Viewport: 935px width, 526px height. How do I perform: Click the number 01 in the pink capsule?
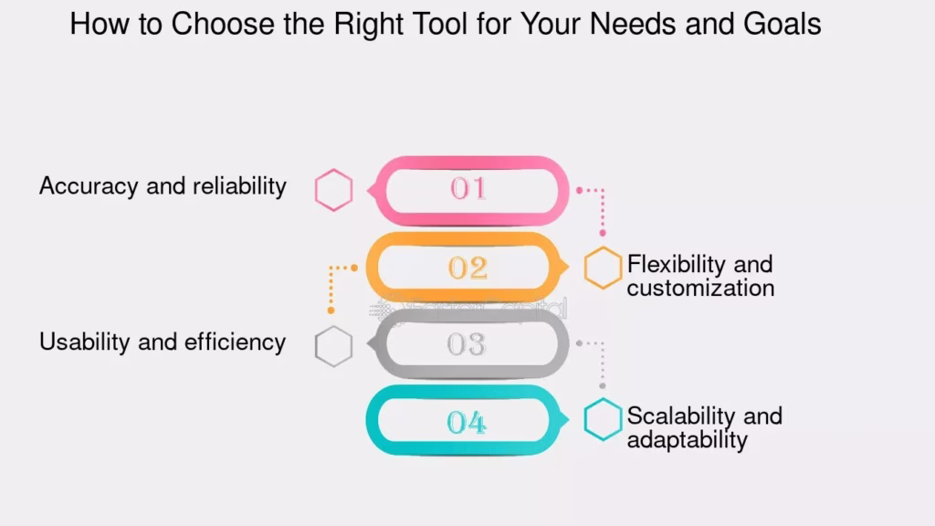(468, 188)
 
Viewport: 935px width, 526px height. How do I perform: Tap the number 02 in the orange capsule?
(468, 268)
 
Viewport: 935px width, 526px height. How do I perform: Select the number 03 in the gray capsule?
(467, 344)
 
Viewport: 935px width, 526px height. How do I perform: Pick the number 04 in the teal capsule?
(467, 422)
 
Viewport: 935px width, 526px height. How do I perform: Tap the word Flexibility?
(675, 264)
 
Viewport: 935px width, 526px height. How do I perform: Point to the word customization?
(700, 288)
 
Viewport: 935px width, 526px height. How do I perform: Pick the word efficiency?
(235, 342)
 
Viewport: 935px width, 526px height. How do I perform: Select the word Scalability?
(680, 416)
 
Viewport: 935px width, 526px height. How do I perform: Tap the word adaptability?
(687, 440)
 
